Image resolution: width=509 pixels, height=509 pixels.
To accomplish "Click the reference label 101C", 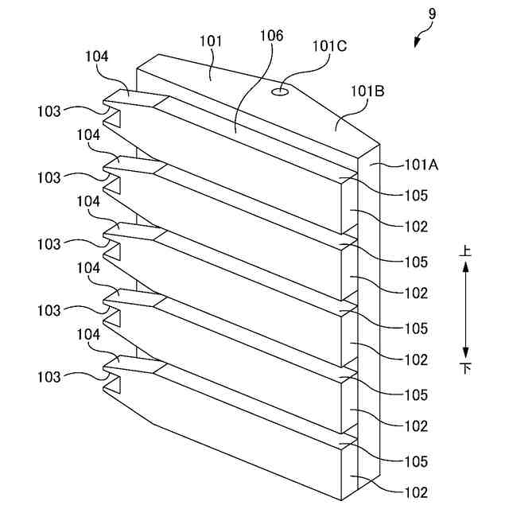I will tap(328, 46).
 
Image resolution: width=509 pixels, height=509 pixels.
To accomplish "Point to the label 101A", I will tap(422, 165).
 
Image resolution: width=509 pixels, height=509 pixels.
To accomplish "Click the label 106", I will tap(270, 37).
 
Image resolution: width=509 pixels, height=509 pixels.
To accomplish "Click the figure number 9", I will tap(431, 14).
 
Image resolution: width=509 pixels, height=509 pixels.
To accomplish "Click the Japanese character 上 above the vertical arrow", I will tap(466, 251).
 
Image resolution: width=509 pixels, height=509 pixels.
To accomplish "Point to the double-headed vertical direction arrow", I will tap(466, 309).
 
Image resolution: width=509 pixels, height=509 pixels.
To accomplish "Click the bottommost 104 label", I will tap(88, 336).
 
